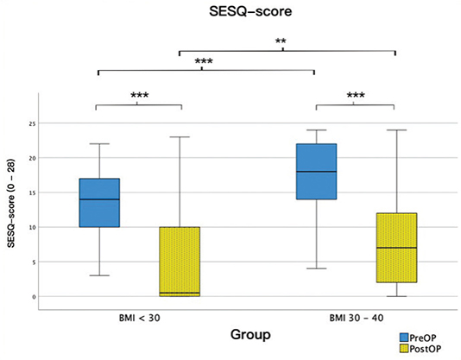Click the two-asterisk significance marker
pyautogui.click(x=281, y=41)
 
